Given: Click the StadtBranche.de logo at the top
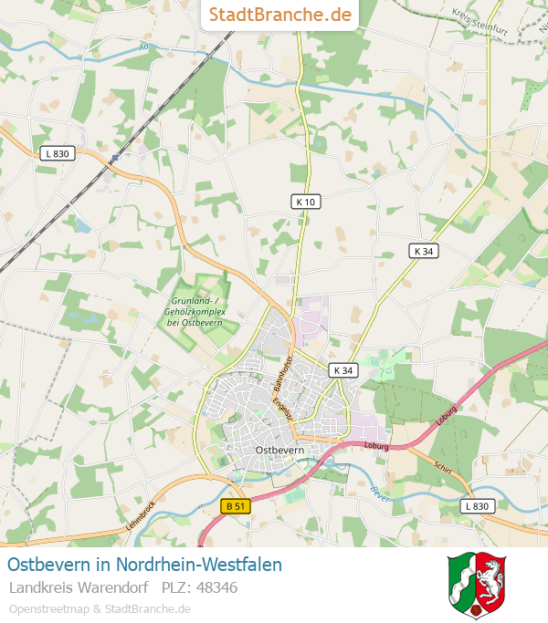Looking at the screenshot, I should click(279, 15).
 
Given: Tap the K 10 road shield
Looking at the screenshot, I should click(307, 202).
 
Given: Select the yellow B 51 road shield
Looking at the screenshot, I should click(236, 505).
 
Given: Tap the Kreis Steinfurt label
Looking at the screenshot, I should click(479, 19).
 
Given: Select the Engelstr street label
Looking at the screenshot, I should click(285, 405).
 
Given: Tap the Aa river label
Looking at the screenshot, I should click(143, 46).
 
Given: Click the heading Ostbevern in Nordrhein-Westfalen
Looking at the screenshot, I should click(144, 565).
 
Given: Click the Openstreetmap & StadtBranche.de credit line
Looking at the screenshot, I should click(100, 608).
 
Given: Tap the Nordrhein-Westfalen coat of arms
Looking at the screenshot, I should click(477, 584).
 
